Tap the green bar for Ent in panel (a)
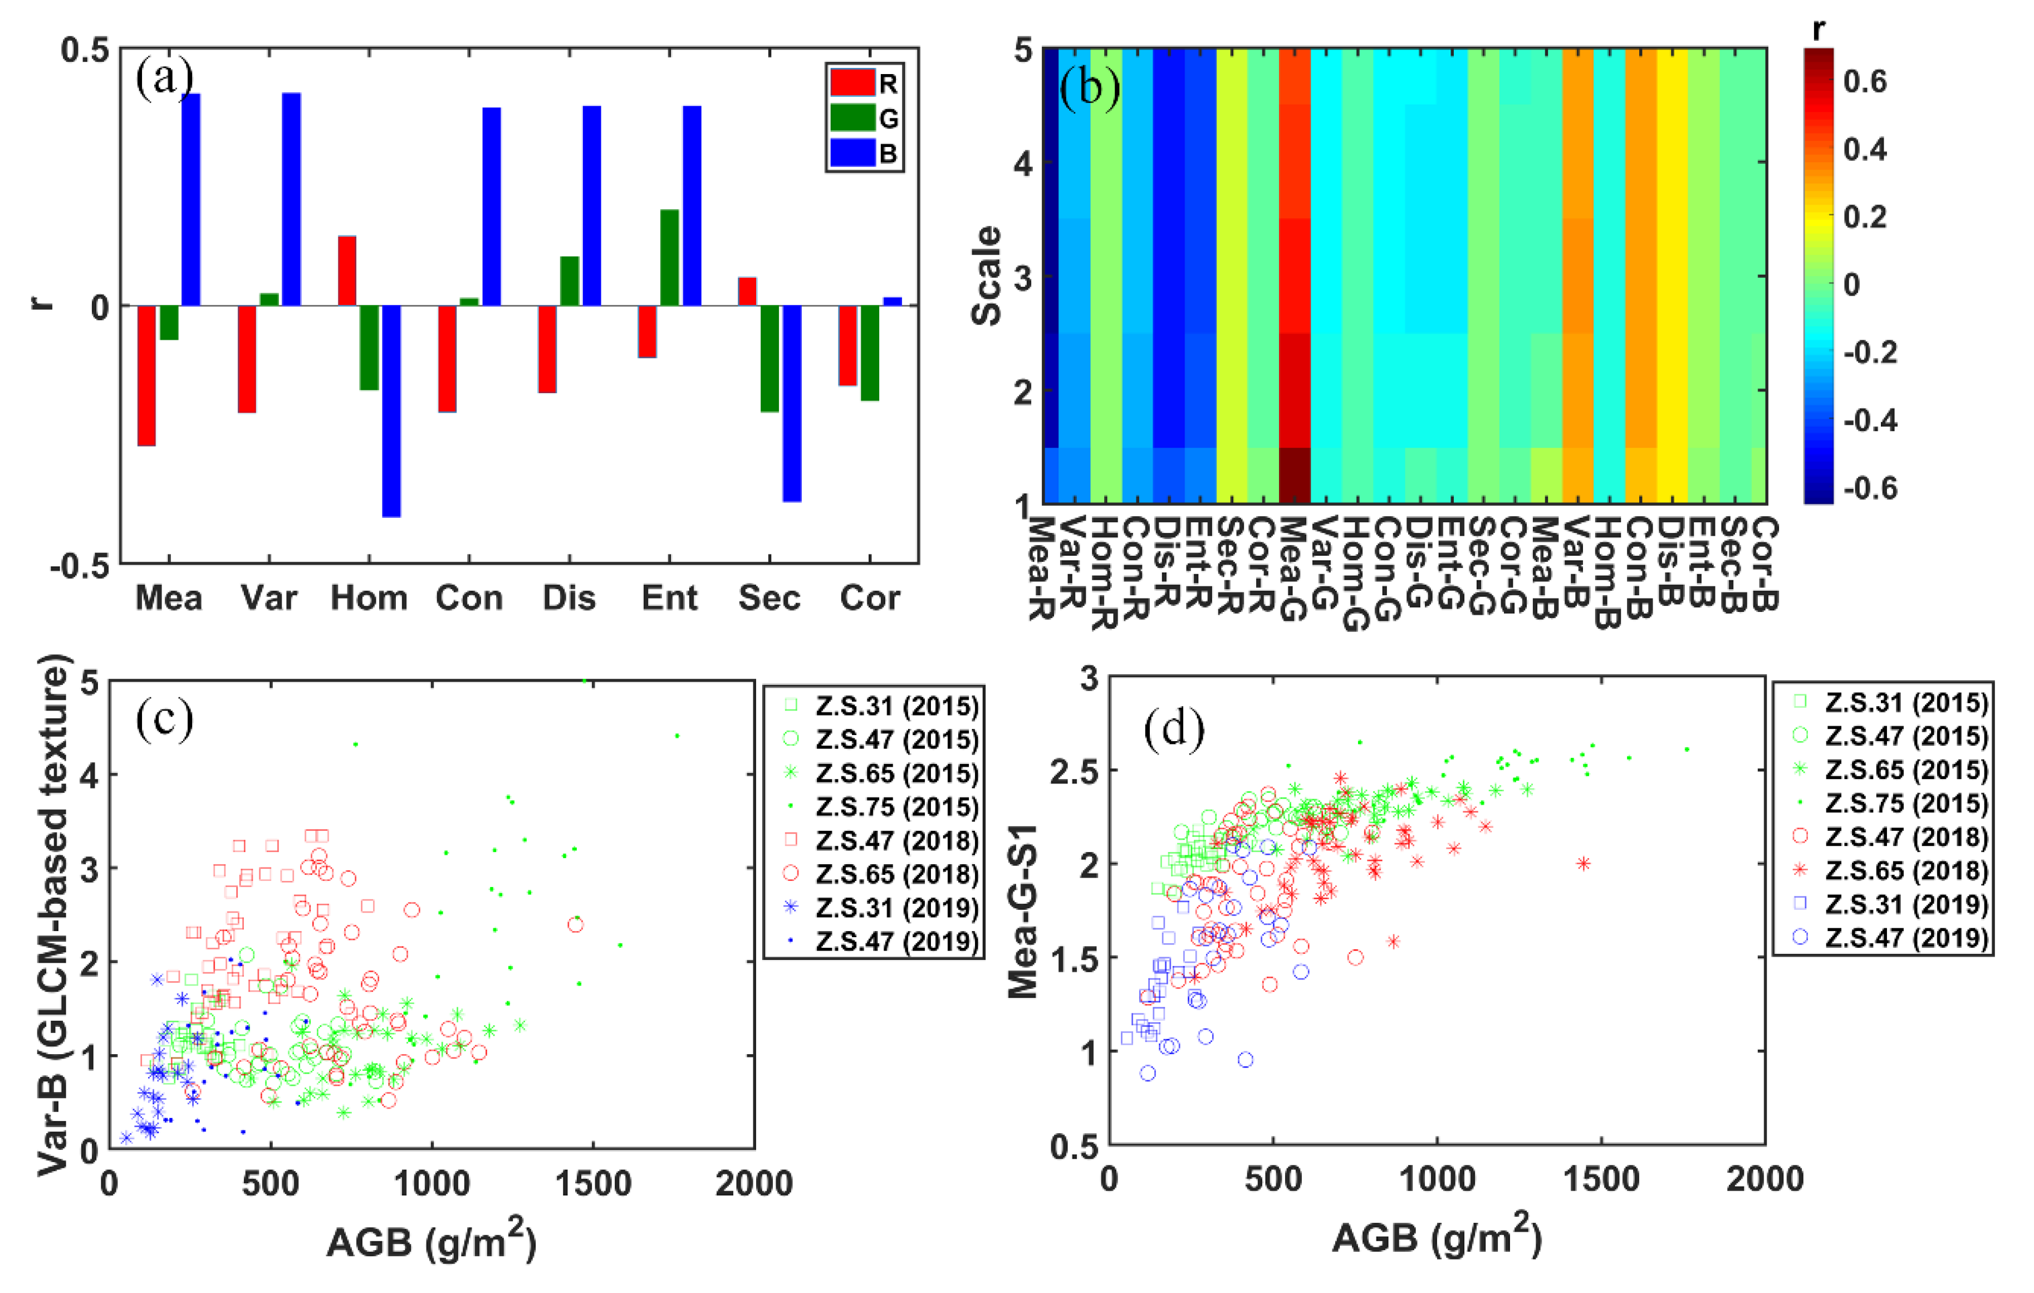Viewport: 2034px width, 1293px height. (x=669, y=258)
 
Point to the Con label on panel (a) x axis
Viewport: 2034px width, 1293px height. (x=469, y=598)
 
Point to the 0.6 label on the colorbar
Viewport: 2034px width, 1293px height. (x=1864, y=82)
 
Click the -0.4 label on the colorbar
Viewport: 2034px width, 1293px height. (x=1869, y=420)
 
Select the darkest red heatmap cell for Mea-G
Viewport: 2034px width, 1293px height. (x=1294, y=476)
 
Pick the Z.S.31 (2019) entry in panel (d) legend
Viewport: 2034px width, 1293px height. (x=1892, y=904)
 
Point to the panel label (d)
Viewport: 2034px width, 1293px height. (x=1173, y=729)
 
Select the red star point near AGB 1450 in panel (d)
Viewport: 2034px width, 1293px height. (x=1583, y=863)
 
